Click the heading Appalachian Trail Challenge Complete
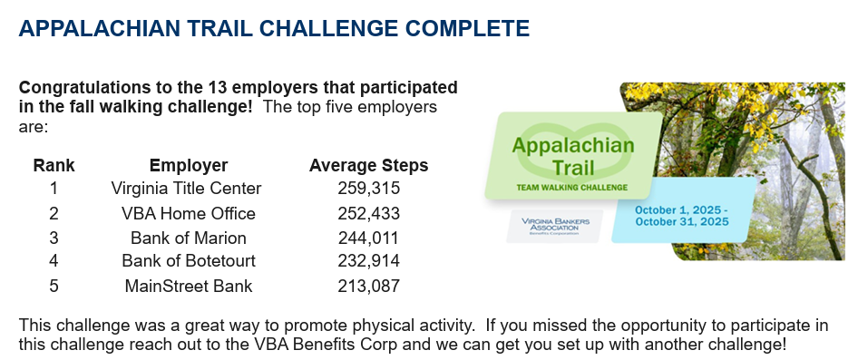click(274, 28)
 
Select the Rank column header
click(54, 165)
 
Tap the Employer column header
click(189, 165)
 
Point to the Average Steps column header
click(369, 165)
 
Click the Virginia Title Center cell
click(186, 189)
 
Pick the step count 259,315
click(369, 189)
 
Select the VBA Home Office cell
click(189, 213)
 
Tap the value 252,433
click(369, 213)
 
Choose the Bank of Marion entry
click(189, 238)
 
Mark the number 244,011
click(368, 238)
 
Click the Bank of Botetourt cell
click(189, 261)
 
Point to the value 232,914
click(369, 261)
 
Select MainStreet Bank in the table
click(189, 286)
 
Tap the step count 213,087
click(369, 286)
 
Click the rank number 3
click(54, 238)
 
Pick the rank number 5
click(54, 286)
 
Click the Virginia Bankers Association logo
click(555, 226)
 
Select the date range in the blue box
click(682, 216)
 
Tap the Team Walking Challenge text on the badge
click(571, 188)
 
